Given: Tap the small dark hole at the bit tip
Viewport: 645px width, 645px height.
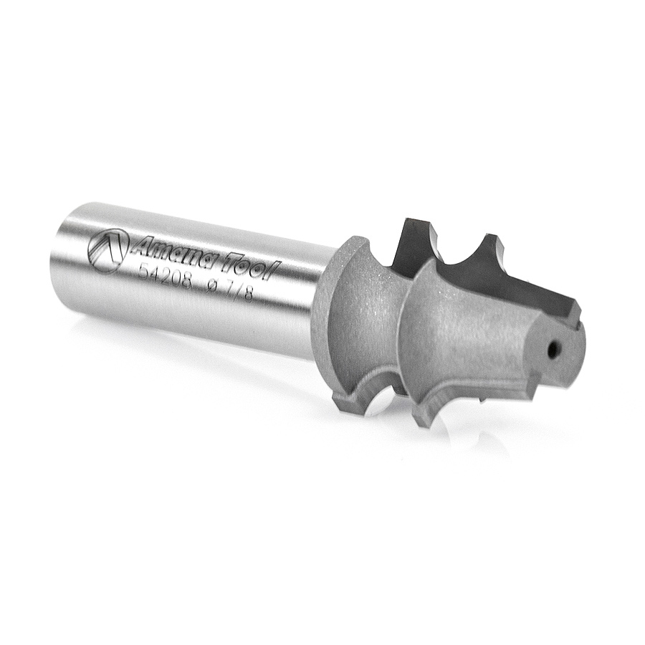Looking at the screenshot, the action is pos(555,350).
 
